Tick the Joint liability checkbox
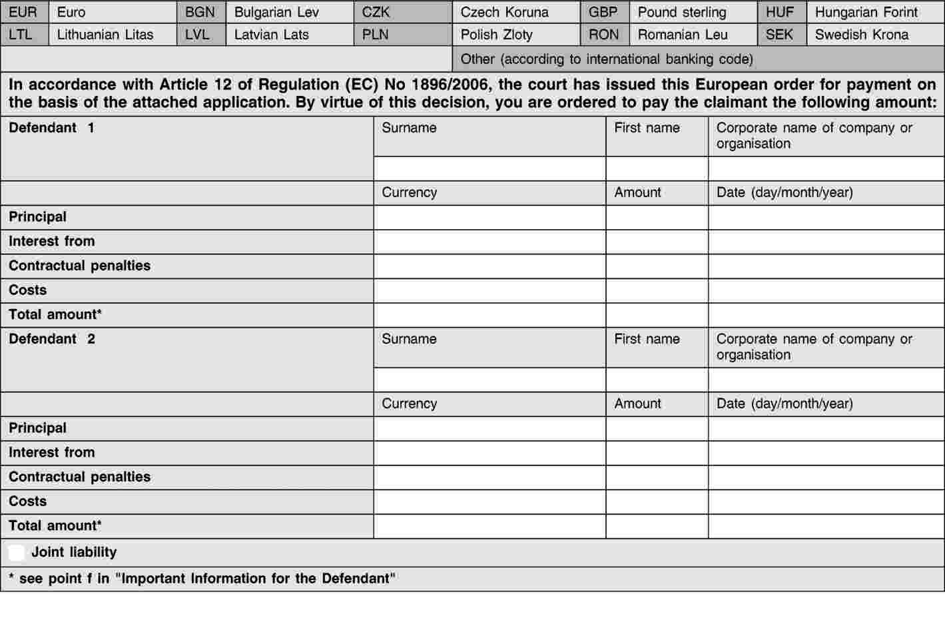[17, 553]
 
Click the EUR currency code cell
[23, 13]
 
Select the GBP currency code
[603, 13]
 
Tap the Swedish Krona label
[861, 35]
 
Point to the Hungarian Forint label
[866, 13]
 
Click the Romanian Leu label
[682, 35]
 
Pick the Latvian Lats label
[271, 35]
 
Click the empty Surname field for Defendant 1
[489, 169]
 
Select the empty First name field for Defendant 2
[657, 380]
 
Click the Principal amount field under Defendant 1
[657, 218]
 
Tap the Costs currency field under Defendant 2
[489, 502]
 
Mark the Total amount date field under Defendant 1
[826, 315]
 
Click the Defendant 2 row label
[52, 339]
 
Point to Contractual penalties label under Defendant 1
[79, 266]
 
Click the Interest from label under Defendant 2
[51, 453]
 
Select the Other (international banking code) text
[607, 59]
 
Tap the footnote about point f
[202, 579]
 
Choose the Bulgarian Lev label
[276, 13]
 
